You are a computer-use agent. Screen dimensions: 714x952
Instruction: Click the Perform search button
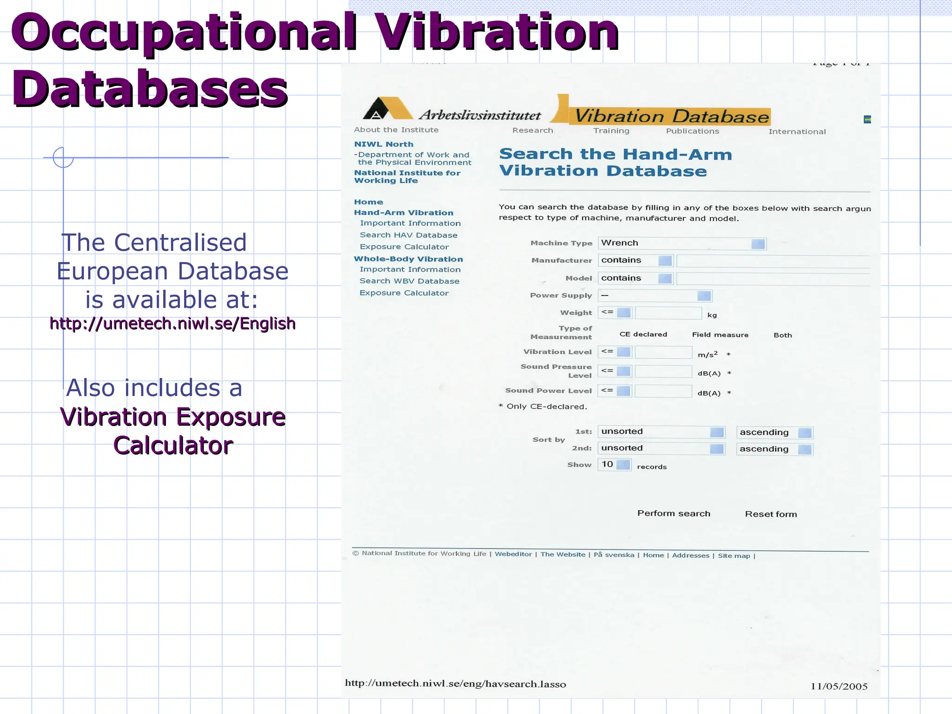(x=674, y=513)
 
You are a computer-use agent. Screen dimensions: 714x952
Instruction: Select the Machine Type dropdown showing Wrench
(x=681, y=243)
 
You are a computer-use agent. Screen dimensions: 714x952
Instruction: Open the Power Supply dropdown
(x=654, y=296)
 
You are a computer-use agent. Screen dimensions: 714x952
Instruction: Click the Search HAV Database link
(x=408, y=235)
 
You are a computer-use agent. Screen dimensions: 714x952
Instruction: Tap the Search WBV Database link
(x=409, y=281)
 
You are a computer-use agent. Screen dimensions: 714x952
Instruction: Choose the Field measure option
(x=720, y=335)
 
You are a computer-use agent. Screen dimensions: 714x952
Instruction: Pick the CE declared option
(x=643, y=334)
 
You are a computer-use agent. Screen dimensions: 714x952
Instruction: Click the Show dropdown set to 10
(x=614, y=464)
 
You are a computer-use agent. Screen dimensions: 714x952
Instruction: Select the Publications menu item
(x=692, y=131)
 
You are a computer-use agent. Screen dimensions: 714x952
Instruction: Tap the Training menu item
(x=611, y=131)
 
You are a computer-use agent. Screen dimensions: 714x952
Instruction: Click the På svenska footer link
(x=614, y=555)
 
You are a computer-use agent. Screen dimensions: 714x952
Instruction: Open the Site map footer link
(x=734, y=555)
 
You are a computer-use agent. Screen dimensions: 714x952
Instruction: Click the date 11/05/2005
(x=839, y=686)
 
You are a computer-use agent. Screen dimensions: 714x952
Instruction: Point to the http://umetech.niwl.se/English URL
(x=172, y=323)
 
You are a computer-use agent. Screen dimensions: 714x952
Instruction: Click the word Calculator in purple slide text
(x=173, y=445)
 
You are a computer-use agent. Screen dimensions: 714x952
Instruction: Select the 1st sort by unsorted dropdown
(x=661, y=432)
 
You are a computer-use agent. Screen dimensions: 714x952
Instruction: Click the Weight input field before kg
(x=668, y=313)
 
